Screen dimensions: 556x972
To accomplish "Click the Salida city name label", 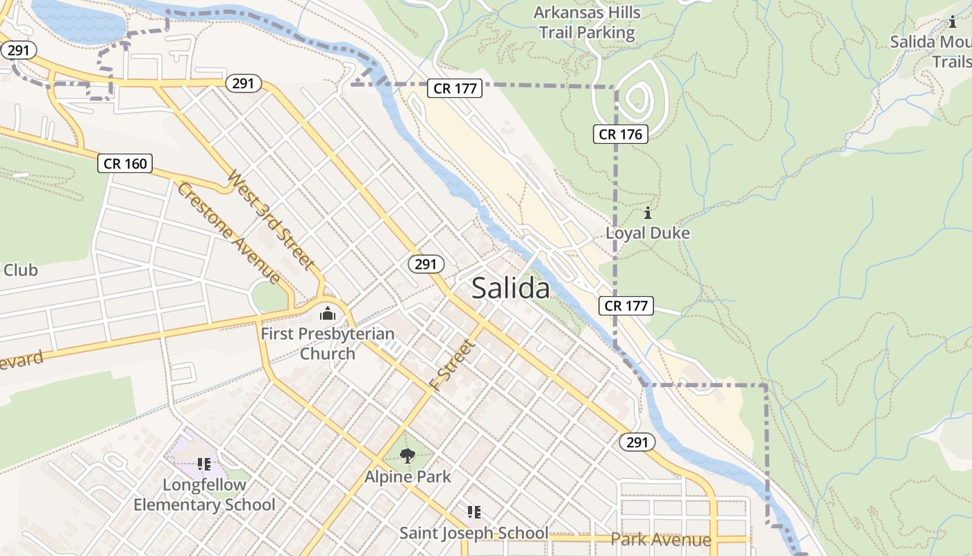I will coord(510,288).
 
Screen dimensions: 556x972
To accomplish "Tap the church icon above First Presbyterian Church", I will coord(327,314).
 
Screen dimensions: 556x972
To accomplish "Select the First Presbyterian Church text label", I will coord(327,343).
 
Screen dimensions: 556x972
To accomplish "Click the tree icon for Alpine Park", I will coord(408,456).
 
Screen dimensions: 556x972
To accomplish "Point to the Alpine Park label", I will coord(408,477).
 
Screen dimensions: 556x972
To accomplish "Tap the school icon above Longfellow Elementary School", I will coord(204,464).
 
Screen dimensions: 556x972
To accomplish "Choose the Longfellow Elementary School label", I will coord(204,495).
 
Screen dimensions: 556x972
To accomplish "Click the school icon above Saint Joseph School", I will coord(474,512).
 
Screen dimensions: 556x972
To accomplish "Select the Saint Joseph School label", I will coord(474,533).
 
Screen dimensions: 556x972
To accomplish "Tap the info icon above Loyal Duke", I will coord(648,213).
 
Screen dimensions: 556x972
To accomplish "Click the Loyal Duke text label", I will coord(648,233).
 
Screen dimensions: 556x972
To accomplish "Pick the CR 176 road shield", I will coord(620,134).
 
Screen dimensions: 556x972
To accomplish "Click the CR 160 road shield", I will coord(125,163).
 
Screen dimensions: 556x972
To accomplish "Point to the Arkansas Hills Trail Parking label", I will coord(587,22).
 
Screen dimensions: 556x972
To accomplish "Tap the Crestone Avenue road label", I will coord(228,233).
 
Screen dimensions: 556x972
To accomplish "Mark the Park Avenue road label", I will coord(661,539).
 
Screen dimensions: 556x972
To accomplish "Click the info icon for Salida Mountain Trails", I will coord(952,22).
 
